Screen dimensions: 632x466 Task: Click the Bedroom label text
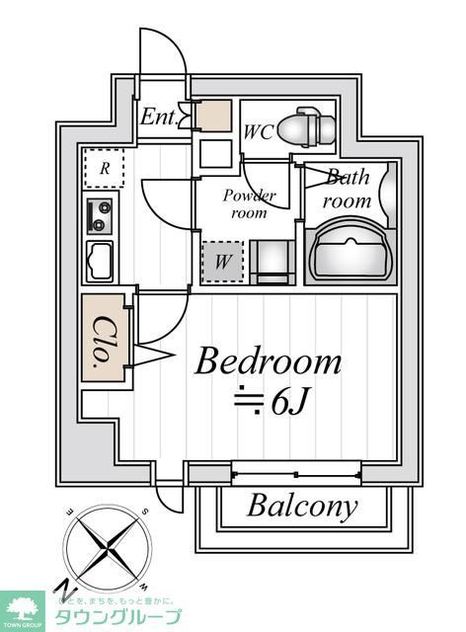coord(268,361)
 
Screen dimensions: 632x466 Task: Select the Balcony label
coord(301,507)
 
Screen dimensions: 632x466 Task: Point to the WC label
coord(259,130)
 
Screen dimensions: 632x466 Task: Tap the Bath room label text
coord(348,189)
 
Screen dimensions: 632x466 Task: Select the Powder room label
coord(249,203)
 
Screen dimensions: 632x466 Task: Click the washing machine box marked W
coord(222,263)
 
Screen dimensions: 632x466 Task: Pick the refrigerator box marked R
coord(104,167)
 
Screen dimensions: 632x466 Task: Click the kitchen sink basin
coord(101,262)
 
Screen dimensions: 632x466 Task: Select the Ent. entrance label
coord(157,118)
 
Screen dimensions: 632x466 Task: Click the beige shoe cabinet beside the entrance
coord(212,118)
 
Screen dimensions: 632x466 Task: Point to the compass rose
coord(106,545)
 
